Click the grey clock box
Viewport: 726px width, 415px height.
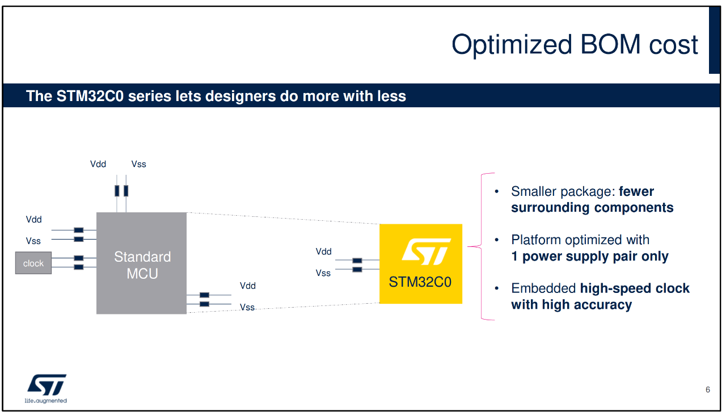point(33,263)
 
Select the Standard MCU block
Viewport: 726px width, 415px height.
point(141,263)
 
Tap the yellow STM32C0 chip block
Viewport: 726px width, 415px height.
point(421,264)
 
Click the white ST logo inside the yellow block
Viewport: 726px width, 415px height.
point(427,251)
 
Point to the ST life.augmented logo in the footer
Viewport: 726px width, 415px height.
point(46,388)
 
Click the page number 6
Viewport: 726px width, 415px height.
point(708,389)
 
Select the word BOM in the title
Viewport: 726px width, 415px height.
point(610,44)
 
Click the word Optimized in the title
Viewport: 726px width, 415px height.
point(512,45)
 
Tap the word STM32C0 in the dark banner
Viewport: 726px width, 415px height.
point(90,96)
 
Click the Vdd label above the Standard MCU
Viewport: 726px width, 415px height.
point(98,164)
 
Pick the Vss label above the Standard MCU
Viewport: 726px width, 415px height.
point(139,164)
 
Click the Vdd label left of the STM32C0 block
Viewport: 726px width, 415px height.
point(323,251)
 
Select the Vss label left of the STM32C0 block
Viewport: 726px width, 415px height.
point(323,273)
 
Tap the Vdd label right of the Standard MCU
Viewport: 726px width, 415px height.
point(248,286)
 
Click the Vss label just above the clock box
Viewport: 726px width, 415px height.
point(33,241)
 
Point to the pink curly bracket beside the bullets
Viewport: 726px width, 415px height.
point(482,246)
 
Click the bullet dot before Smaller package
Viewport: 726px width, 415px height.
point(496,191)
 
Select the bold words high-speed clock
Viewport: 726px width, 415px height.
point(635,288)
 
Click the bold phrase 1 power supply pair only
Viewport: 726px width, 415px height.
point(590,257)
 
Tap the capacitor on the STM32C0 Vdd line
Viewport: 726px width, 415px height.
point(357,260)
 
